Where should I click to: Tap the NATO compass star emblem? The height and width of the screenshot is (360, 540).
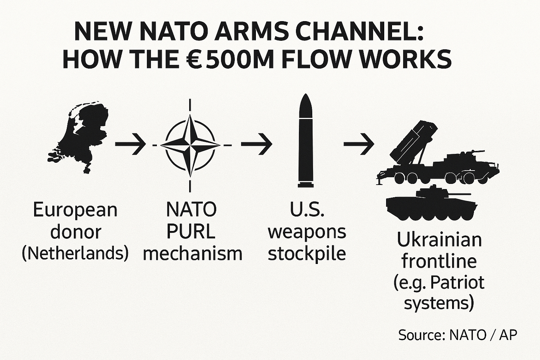[191, 144]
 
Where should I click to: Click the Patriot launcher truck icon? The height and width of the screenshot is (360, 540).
[438, 156]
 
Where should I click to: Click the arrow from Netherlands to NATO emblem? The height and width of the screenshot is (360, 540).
[130, 143]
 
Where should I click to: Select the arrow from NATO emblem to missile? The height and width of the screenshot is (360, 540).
[257, 143]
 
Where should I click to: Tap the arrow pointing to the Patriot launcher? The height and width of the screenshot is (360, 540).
[358, 143]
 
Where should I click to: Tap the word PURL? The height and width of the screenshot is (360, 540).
[191, 232]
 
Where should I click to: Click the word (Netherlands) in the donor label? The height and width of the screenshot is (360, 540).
[75, 254]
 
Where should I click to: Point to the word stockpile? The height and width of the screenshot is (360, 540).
[307, 254]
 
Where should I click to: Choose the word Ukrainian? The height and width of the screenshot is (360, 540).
[439, 240]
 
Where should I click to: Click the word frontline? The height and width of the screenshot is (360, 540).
[439, 261]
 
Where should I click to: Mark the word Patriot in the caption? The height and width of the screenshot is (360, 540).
[462, 283]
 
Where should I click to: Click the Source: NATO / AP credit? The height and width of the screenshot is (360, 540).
[458, 335]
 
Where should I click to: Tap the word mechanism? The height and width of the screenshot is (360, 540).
[192, 254]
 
